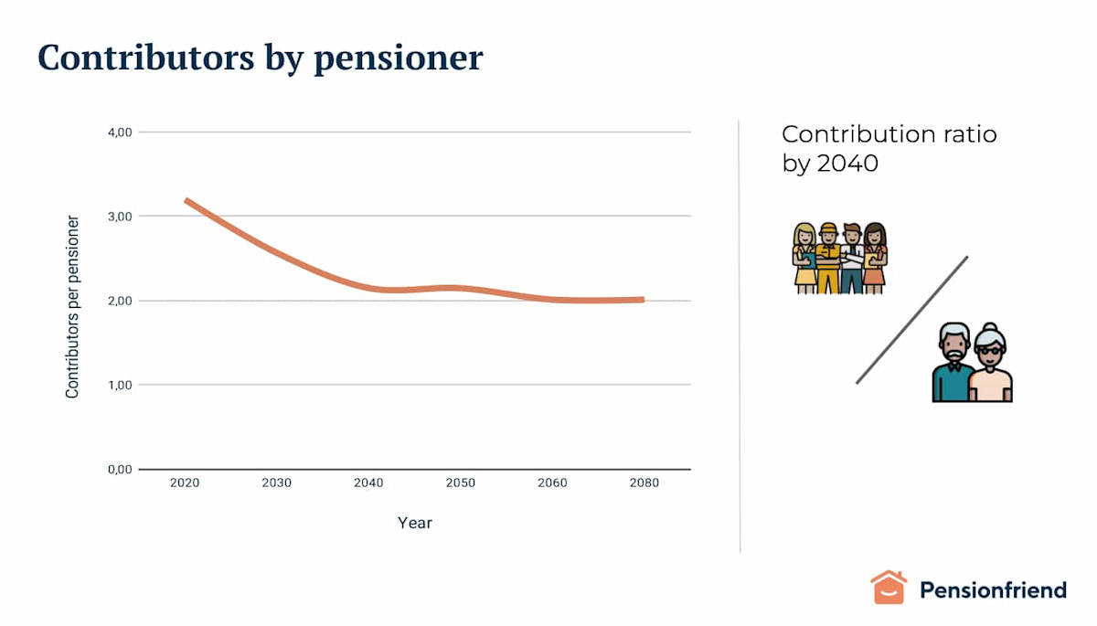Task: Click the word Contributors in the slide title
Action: point(145,58)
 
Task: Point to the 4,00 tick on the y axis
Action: point(120,133)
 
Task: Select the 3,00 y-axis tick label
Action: point(120,217)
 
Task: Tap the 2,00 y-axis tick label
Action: point(120,301)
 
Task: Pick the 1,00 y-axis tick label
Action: point(120,385)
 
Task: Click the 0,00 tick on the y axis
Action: point(120,470)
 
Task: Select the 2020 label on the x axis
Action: point(185,483)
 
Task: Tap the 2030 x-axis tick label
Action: point(276,483)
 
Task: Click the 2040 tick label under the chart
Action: point(368,483)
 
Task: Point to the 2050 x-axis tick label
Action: point(460,483)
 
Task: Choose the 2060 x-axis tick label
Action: point(552,483)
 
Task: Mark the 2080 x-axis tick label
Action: point(644,483)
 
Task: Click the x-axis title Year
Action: point(415,524)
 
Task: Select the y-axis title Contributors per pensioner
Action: point(72,307)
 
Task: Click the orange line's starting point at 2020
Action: point(186,200)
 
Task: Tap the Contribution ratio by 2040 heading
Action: point(889,149)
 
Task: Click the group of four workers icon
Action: point(839,258)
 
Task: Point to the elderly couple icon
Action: point(972,363)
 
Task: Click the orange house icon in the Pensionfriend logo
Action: point(888,588)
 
